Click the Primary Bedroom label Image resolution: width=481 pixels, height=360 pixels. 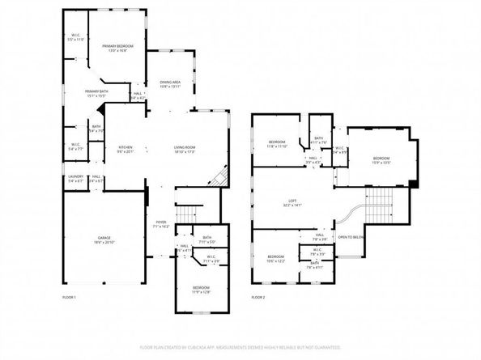click(117, 49)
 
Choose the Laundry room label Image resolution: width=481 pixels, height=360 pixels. click(76, 178)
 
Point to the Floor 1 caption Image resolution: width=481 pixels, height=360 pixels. click(70, 298)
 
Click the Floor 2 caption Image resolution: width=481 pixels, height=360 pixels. click(258, 298)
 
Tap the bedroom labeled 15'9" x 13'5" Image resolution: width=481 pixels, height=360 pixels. click(381, 159)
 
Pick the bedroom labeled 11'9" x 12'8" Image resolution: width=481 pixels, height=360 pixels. click(201, 290)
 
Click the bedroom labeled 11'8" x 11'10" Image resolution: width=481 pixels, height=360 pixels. click(278, 143)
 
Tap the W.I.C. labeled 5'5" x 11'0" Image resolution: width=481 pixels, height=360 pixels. click(74, 37)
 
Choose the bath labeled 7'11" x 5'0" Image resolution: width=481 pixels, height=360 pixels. click(208, 240)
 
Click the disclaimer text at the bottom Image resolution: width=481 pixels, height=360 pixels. click(240, 347)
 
